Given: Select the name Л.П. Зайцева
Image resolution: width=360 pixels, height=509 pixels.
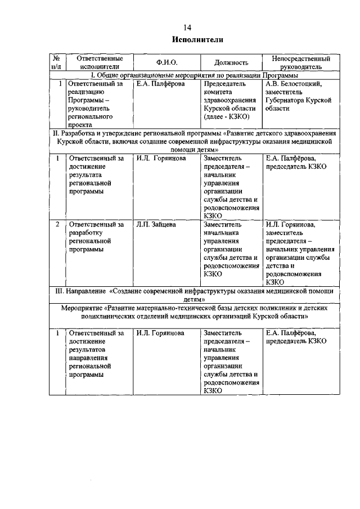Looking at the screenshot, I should click(156, 224).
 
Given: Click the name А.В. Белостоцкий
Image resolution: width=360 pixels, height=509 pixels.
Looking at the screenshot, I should click(293, 84).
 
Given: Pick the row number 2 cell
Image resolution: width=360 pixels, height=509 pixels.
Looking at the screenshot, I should click(57, 224).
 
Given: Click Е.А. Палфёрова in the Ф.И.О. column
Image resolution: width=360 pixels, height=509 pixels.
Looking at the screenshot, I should click(160, 84).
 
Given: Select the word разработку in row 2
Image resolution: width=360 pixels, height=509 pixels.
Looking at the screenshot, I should click(88, 233).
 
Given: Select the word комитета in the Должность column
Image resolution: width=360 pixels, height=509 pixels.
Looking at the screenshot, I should click(219, 92).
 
